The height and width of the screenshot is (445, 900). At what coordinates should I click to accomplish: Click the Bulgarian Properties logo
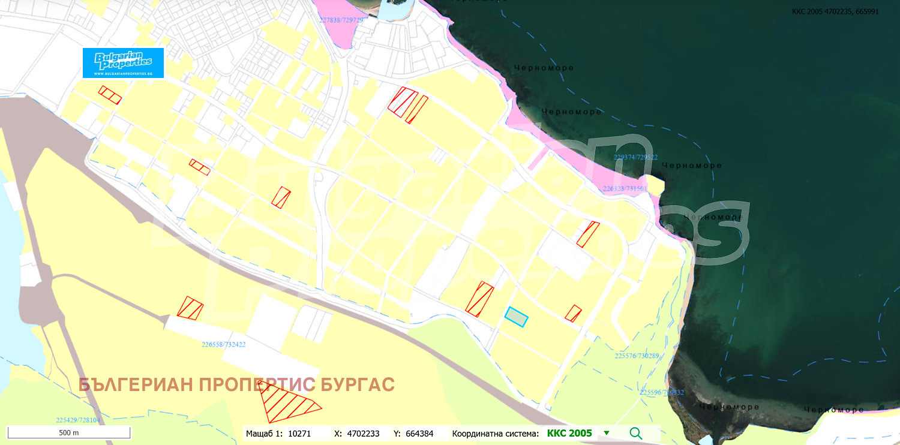pyautogui.click(x=123, y=62)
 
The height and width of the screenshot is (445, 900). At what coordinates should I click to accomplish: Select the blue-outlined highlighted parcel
pyautogui.click(x=516, y=317)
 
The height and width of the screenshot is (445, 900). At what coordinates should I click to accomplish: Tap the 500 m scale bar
pyautogui.click(x=69, y=432)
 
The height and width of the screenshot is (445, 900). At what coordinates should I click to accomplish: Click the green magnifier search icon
pyautogui.click(x=636, y=433)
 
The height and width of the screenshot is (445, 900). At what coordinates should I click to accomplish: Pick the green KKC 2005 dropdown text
pyautogui.click(x=569, y=433)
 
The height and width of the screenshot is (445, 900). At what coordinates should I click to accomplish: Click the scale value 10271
pyautogui.click(x=299, y=433)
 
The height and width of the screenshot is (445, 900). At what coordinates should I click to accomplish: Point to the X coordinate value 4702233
pyautogui.click(x=363, y=433)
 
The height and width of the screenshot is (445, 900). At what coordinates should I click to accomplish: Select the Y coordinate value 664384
pyautogui.click(x=422, y=433)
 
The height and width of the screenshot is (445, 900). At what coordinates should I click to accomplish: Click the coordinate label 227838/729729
pyautogui.click(x=341, y=20)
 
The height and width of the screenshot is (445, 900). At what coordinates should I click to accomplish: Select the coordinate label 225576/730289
pyautogui.click(x=637, y=356)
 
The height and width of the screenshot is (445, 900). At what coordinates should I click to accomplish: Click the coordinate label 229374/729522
pyautogui.click(x=635, y=157)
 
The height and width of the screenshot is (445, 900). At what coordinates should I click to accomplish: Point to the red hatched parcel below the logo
pyautogui.click(x=110, y=95)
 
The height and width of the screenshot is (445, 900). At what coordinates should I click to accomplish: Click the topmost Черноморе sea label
pyautogui.click(x=544, y=68)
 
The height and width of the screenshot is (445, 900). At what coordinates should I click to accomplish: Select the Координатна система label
pyautogui.click(x=495, y=433)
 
